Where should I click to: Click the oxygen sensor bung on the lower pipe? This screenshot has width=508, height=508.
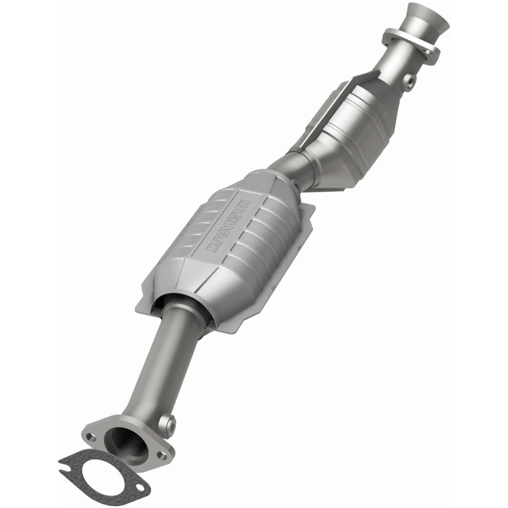[x=168, y=421]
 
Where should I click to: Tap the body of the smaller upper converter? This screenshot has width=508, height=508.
[x=362, y=127]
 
